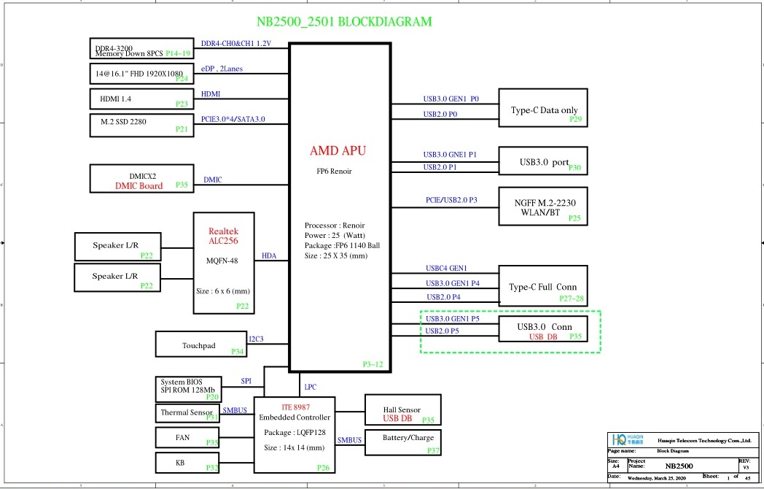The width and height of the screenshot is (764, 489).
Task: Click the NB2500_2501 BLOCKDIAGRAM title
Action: pyautogui.click(x=344, y=22)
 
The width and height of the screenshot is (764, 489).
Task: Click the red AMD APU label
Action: pyautogui.click(x=338, y=151)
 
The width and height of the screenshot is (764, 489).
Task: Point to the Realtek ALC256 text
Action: pyautogui.click(x=223, y=236)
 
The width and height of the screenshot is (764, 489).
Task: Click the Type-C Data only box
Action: pyautogui.click(x=543, y=108)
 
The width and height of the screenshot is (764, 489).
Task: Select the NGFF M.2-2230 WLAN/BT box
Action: pyautogui.click(x=543, y=207)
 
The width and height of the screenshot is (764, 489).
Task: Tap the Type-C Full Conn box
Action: pyautogui.click(x=543, y=285)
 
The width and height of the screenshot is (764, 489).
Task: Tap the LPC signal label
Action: pyautogui.click(x=310, y=387)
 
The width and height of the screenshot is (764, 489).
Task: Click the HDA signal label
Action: pyautogui.click(x=269, y=256)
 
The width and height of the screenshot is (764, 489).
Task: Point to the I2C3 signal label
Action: pyautogui.click(x=256, y=339)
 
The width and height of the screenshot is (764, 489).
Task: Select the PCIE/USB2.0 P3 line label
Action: pyautogui.click(x=451, y=199)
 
